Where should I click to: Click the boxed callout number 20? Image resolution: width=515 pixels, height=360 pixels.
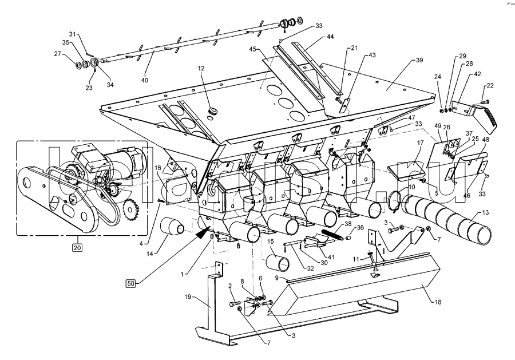coord(76,247)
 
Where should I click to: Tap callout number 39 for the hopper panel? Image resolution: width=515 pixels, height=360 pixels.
coord(419,60)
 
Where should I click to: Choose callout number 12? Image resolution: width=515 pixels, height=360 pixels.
coord(201,68)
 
